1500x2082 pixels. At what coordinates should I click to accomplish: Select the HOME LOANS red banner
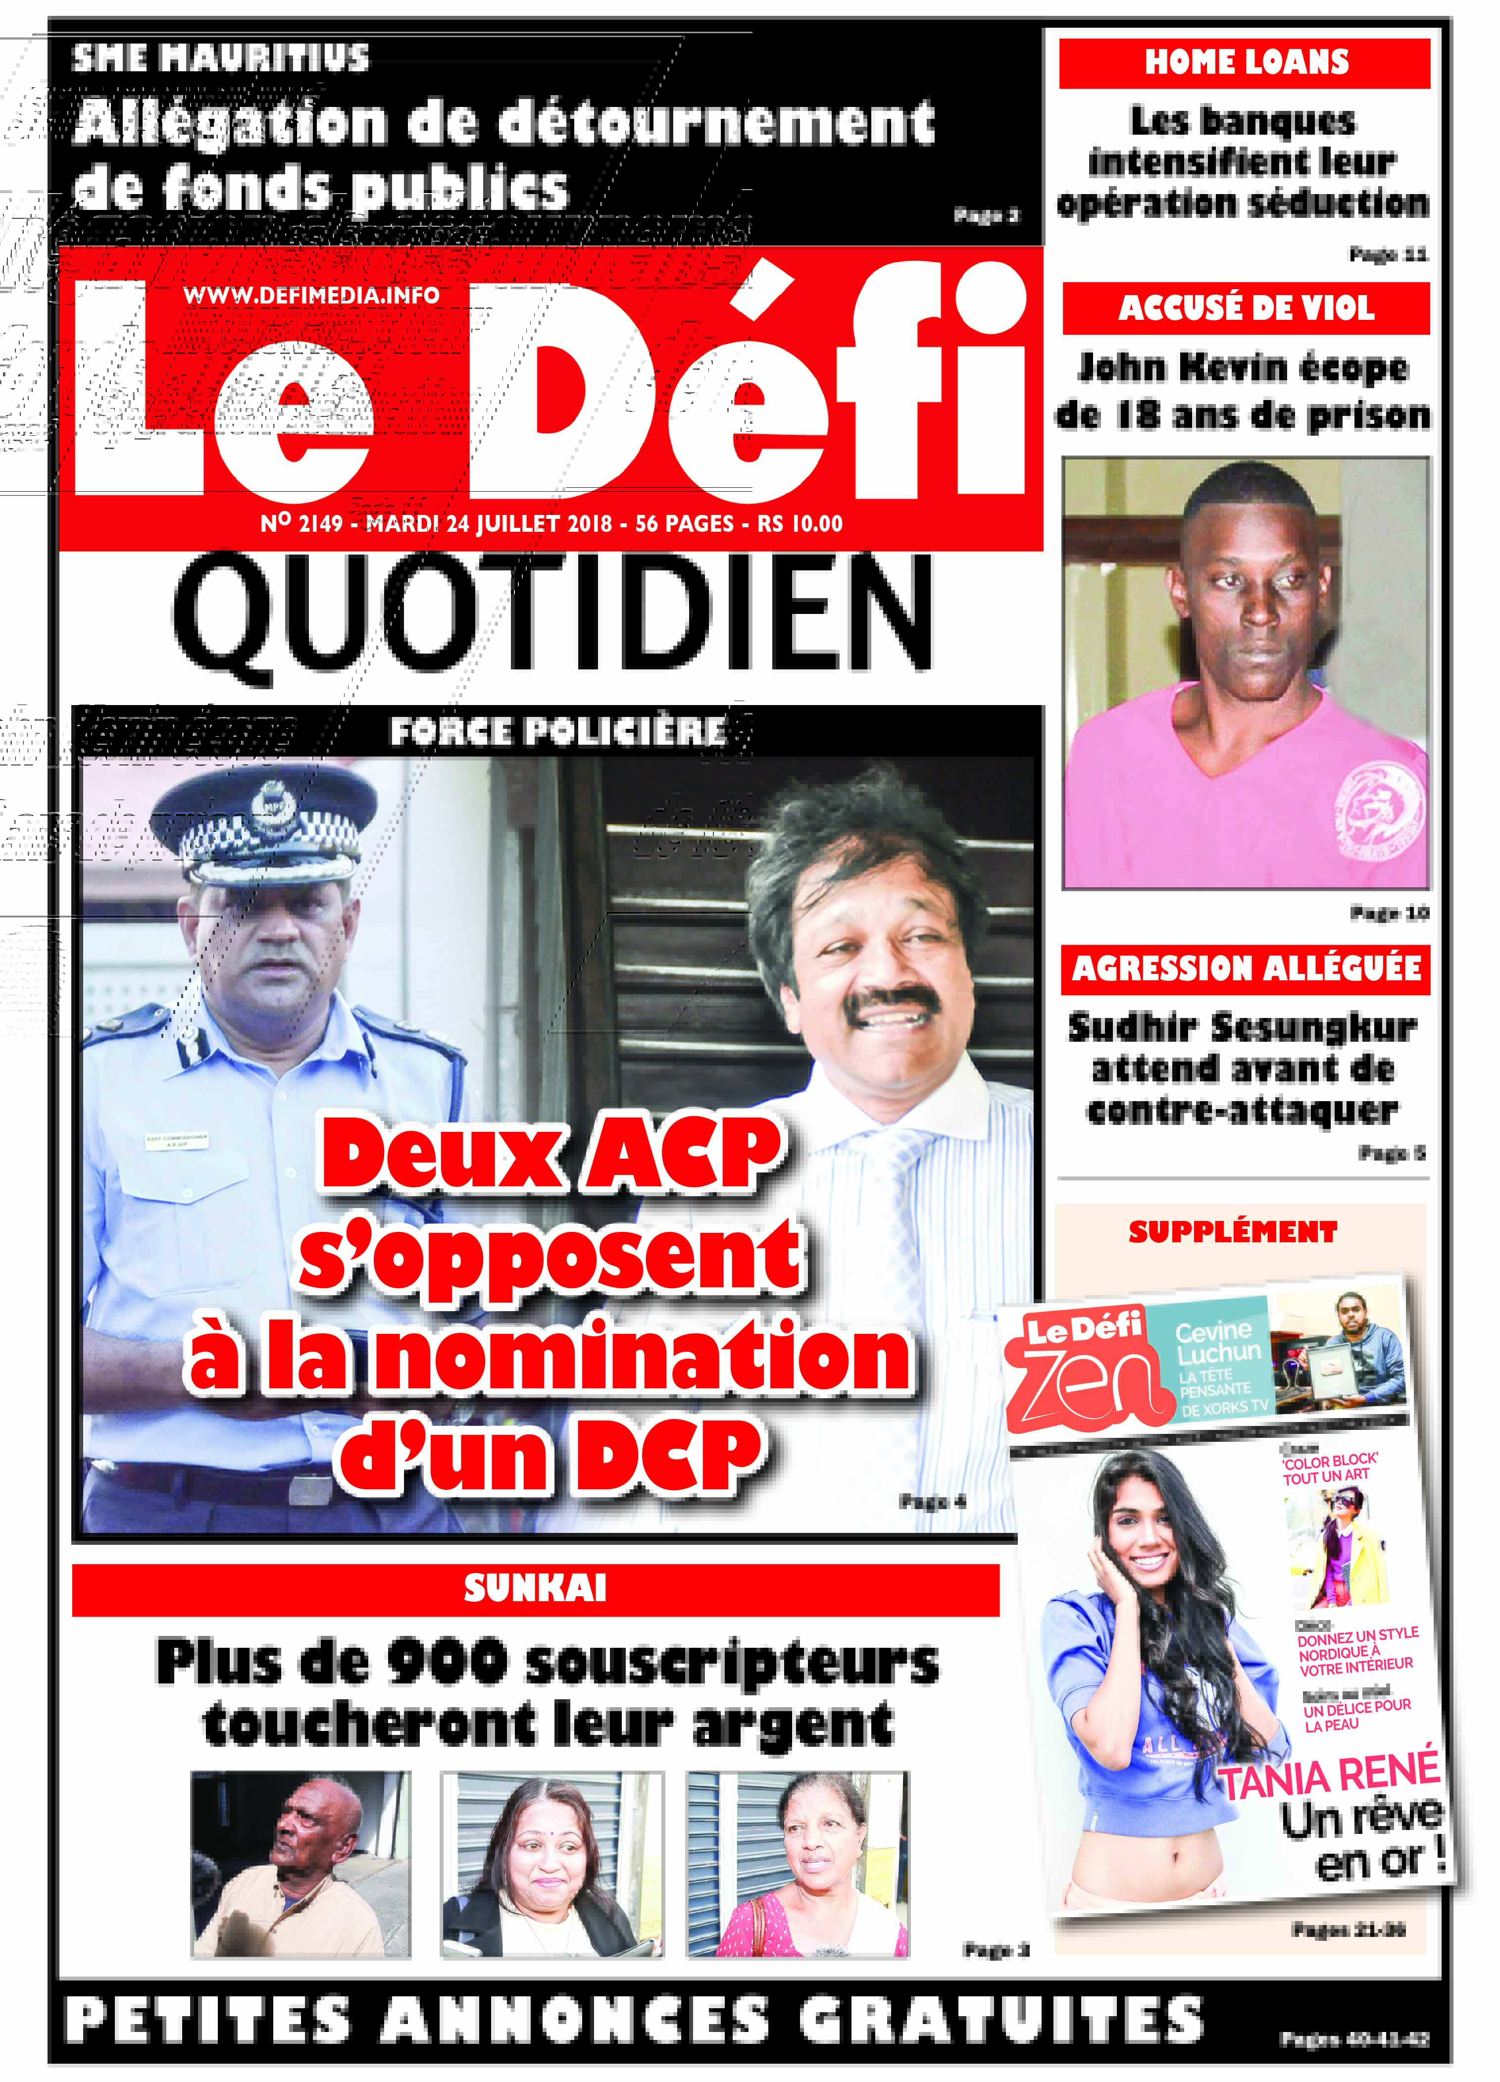(1245, 62)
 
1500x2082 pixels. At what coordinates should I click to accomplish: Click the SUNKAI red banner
(535, 1589)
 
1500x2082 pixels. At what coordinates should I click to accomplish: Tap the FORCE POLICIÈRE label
(558, 732)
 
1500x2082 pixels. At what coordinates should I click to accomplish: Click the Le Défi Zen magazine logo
(1083, 1366)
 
